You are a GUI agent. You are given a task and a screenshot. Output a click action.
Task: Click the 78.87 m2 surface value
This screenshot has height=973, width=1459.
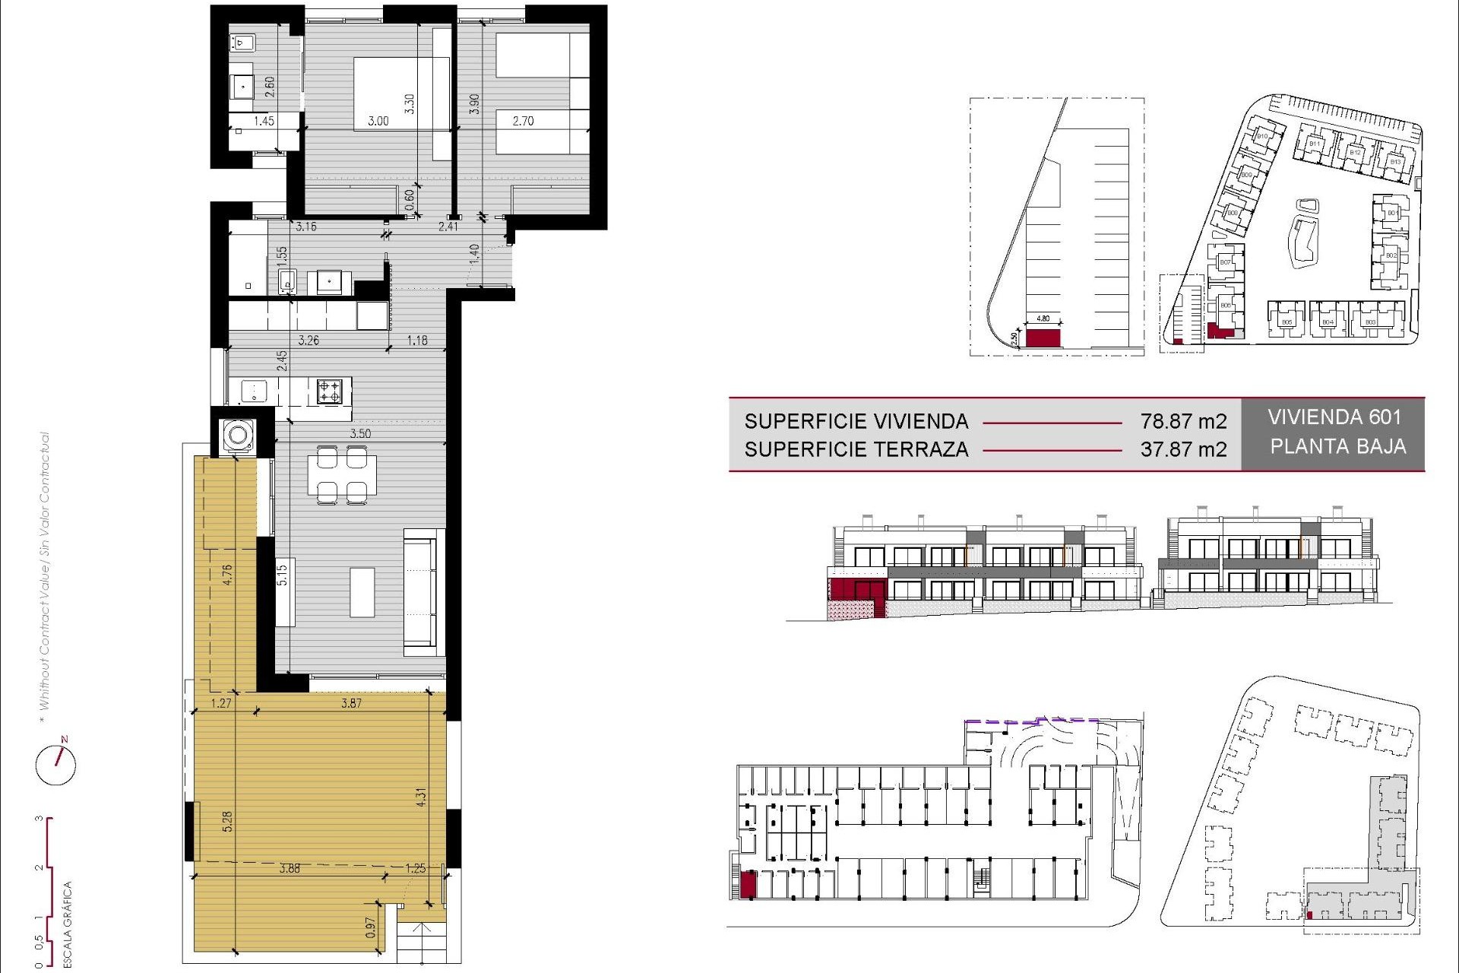(x=1183, y=421)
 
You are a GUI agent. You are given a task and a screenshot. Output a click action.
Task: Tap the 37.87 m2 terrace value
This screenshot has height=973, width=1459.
(x=1183, y=449)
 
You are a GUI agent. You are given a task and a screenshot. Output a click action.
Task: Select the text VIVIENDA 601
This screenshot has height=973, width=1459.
(x=1334, y=417)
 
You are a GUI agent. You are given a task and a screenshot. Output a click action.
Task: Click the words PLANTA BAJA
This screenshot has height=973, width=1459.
(x=1337, y=446)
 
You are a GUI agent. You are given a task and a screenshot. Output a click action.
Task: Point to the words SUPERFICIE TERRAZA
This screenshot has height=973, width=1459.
(x=856, y=449)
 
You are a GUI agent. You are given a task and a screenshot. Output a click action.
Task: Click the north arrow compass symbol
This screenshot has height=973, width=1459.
(x=56, y=763)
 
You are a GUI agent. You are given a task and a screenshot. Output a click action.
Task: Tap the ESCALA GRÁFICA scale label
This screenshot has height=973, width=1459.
(x=67, y=924)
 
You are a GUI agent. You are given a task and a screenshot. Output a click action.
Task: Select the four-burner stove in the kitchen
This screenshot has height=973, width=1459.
(x=329, y=391)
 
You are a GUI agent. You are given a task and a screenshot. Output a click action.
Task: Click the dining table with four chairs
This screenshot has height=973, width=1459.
(x=342, y=475)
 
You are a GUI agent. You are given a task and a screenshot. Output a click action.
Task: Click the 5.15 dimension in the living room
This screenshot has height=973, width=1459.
(x=282, y=574)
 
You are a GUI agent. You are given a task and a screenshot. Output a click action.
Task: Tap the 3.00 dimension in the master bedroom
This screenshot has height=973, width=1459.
(x=378, y=121)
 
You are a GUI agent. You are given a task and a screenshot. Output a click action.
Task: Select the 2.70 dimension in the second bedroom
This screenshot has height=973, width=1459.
(x=523, y=121)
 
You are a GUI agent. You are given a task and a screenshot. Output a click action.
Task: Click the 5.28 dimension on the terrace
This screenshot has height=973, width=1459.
(x=226, y=821)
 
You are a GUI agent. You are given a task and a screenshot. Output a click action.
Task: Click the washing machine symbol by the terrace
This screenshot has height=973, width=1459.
(x=238, y=436)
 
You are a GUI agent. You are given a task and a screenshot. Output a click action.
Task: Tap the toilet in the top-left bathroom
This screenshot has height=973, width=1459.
(x=242, y=43)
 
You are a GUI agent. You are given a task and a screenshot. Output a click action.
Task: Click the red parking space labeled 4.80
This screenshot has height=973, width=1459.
(x=1043, y=338)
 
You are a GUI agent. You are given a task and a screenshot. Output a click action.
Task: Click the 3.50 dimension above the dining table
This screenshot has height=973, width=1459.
(x=360, y=433)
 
